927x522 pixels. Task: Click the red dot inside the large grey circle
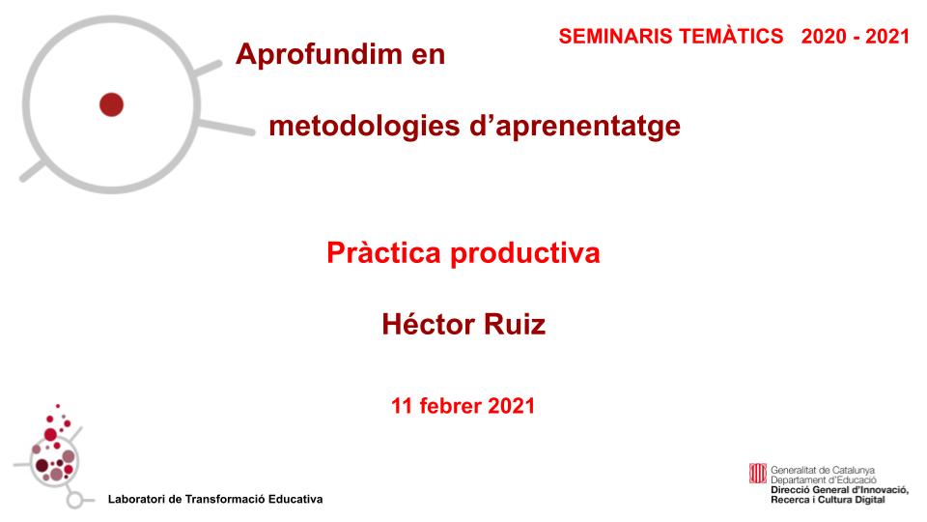111,103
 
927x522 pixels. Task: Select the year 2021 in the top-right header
888,36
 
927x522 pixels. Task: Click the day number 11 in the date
402,406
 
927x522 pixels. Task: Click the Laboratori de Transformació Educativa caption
215,499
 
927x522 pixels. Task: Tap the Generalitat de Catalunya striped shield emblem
758,474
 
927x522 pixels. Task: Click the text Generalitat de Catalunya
823,470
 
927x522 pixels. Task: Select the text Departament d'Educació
823,479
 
